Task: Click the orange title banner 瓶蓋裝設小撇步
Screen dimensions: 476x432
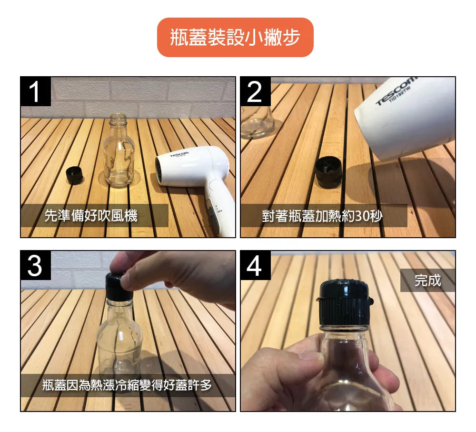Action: point(235,37)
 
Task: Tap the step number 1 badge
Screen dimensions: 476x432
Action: point(36,91)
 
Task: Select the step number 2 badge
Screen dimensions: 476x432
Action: point(255,91)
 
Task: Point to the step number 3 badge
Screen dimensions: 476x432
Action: point(36,265)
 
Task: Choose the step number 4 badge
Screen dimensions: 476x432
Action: point(255,265)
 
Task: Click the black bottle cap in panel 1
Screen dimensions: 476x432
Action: point(75,175)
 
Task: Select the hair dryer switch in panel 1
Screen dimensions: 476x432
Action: point(212,210)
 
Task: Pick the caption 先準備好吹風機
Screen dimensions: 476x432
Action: point(91,215)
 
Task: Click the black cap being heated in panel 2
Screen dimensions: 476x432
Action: point(328,171)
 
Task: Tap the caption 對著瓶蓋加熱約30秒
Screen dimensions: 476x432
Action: point(322,216)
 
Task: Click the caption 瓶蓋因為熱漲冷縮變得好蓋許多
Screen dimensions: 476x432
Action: point(127,385)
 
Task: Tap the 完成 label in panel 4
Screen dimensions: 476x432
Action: point(427,280)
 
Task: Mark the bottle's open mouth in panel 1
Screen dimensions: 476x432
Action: point(118,116)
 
